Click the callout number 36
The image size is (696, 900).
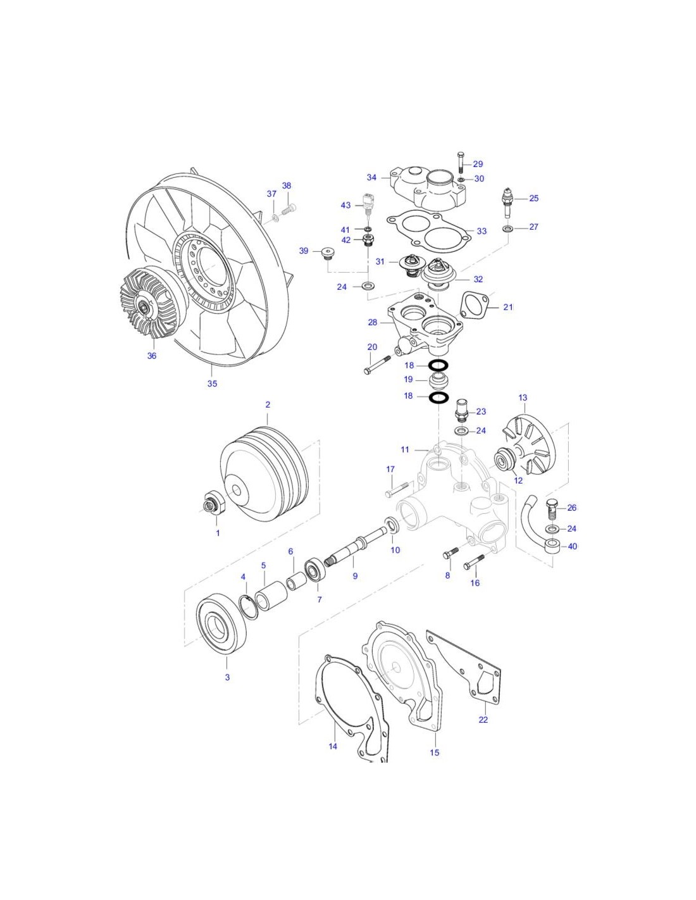pyautogui.click(x=152, y=356)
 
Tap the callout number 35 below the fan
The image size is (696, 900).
pyautogui.click(x=212, y=384)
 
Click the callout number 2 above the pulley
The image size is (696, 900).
pyautogui.click(x=267, y=404)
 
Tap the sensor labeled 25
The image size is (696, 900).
pyautogui.click(x=507, y=199)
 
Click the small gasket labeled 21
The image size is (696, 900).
pyautogui.click(x=475, y=305)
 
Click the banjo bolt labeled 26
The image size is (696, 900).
pyautogui.click(x=551, y=507)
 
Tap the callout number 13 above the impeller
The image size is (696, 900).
pyautogui.click(x=523, y=398)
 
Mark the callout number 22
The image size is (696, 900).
pyautogui.click(x=483, y=720)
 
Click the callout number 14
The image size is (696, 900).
pyautogui.click(x=333, y=746)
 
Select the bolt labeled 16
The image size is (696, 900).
pyautogui.click(x=474, y=561)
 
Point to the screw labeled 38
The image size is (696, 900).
pyautogui.click(x=289, y=206)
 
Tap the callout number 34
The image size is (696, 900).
pyautogui.click(x=372, y=178)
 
